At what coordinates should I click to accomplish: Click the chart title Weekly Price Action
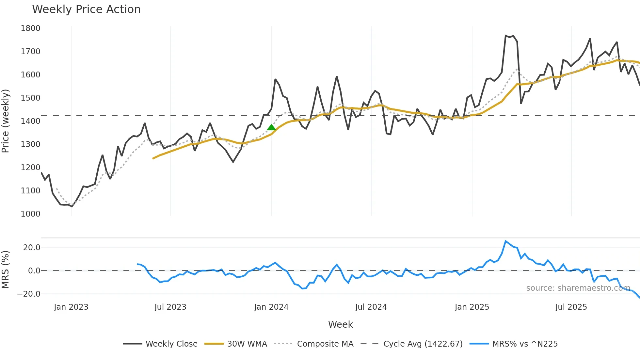tap(86, 9)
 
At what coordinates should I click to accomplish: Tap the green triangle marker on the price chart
tap(271, 127)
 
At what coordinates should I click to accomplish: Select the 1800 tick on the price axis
tap(30, 28)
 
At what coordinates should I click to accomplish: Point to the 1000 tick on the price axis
tap(30, 214)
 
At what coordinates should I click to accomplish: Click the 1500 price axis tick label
tap(30, 98)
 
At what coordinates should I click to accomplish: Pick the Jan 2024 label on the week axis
tap(271, 307)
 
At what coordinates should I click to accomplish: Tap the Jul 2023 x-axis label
tap(170, 307)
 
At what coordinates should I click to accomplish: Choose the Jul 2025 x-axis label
tap(571, 307)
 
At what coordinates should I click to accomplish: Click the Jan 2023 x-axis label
tap(71, 307)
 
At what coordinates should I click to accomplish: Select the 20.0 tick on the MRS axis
tap(32, 248)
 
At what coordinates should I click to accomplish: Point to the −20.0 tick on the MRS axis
tap(29, 294)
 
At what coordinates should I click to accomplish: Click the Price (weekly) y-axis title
tap(5, 121)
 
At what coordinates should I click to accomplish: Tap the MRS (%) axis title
tap(5, 270)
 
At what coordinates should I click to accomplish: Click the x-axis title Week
tap(340, 324)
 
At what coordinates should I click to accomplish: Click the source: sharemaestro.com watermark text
tap(578, 288)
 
